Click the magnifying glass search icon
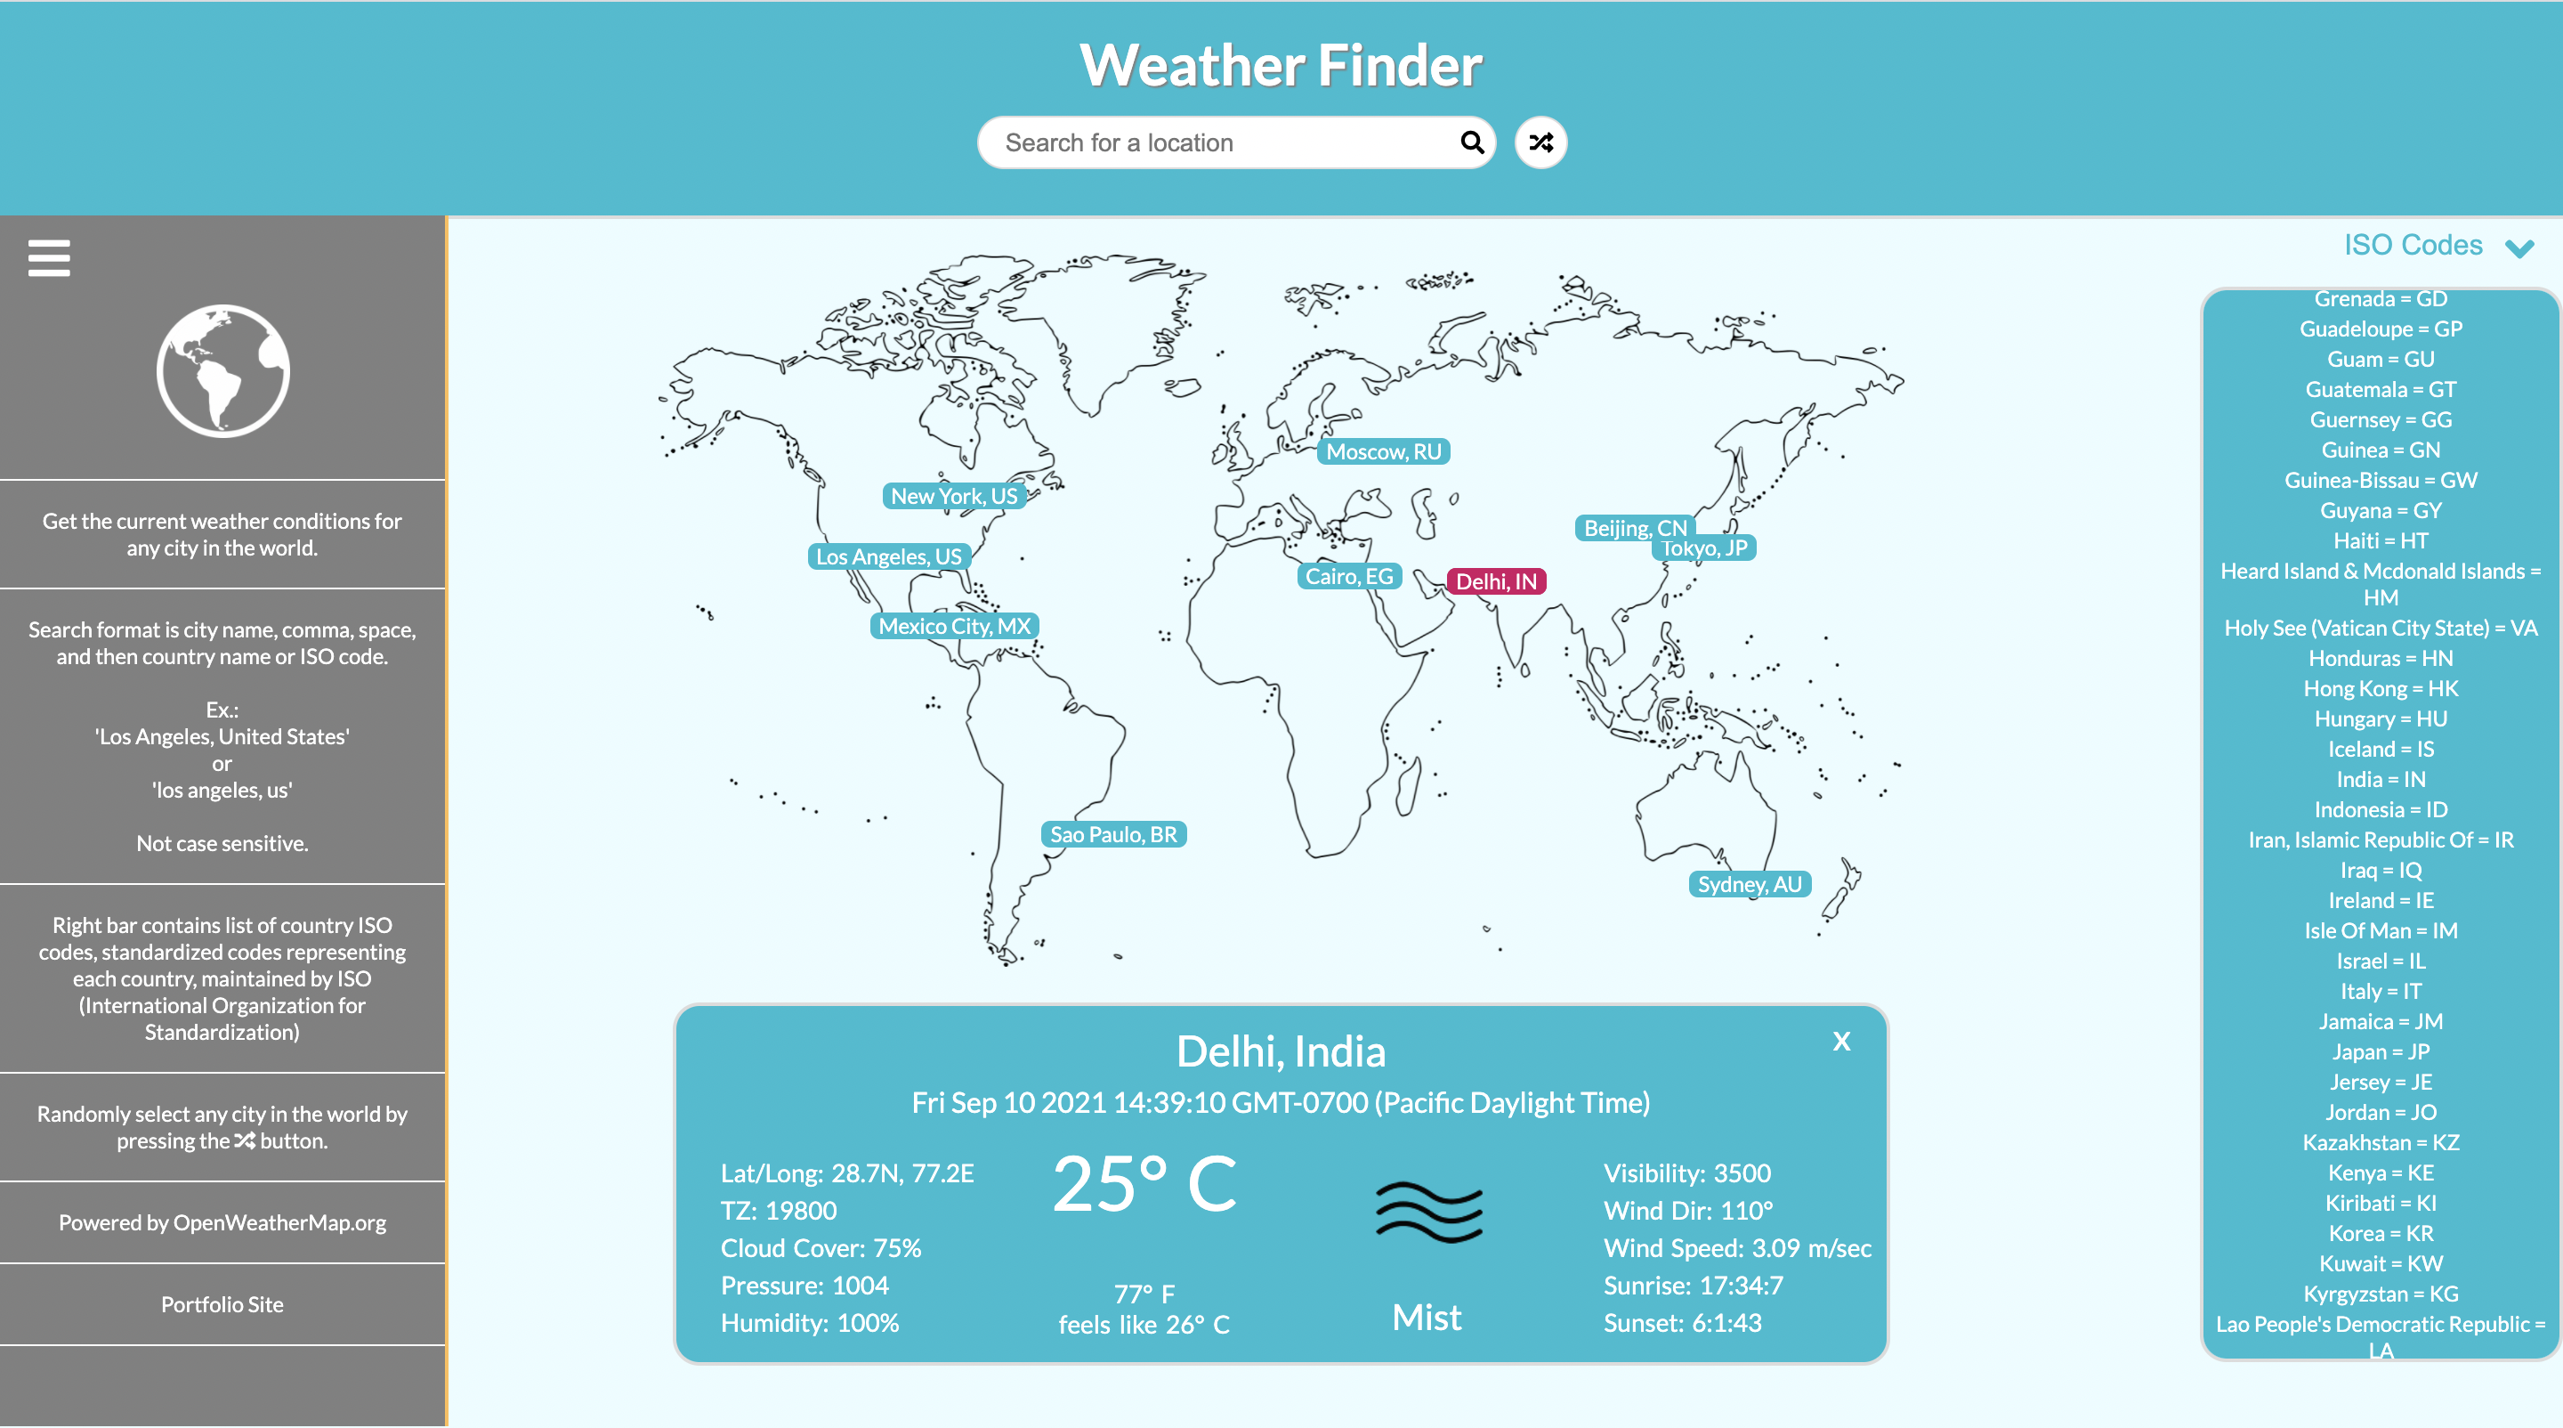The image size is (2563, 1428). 1472,142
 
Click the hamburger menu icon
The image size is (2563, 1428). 49,258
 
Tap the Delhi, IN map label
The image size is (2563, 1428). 1495,581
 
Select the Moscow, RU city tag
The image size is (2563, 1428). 1383,451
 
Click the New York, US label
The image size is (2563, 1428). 953,496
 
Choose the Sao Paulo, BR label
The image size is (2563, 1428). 1113,834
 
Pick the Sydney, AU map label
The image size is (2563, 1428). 1749,884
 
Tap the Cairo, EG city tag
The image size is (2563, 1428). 1349,576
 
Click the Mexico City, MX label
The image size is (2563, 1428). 954,626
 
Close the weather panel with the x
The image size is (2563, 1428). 1841,1041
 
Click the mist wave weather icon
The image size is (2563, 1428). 1428,1212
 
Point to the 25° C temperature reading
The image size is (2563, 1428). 1144,1184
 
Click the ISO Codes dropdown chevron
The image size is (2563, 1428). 2519,247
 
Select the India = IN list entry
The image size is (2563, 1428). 2381,779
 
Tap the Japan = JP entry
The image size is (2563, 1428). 2381,1051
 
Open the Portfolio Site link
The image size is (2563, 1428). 222,1304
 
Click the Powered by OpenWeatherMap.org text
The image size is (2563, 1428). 222,1223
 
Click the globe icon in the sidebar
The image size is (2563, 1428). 222,371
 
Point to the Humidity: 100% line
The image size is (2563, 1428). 810,1323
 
